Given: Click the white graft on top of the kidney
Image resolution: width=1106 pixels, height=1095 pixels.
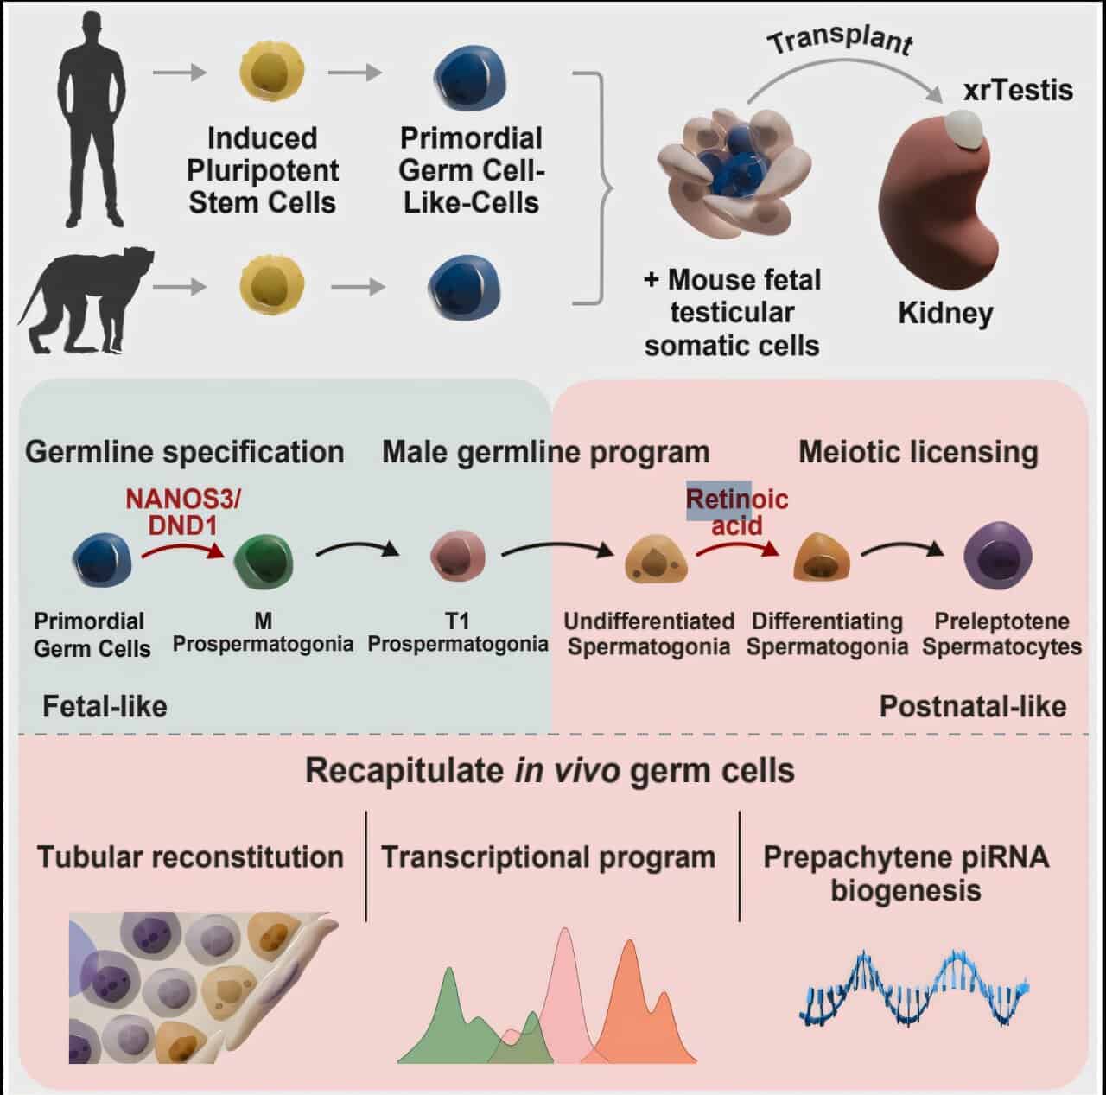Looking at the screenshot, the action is coord(963,129).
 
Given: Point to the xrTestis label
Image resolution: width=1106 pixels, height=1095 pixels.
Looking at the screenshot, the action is coord(1018,90).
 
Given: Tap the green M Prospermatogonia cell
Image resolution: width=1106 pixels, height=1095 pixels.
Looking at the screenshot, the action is coord(264,561).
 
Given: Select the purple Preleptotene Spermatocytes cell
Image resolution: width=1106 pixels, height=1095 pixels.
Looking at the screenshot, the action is coord(998,555).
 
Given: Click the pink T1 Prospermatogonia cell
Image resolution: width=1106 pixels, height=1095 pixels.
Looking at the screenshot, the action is coord(458,556).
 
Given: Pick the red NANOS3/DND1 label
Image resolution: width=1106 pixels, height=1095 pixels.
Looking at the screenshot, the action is coord(183,512).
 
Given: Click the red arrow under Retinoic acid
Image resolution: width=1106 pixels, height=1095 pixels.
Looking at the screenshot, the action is coord(738,548).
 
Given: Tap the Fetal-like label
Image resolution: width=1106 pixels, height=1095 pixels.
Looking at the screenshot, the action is coord(105,706).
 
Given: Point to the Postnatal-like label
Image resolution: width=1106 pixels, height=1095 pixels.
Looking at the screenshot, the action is coord(973,706).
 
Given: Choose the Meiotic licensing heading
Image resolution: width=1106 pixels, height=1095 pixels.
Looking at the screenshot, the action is coord(918,452).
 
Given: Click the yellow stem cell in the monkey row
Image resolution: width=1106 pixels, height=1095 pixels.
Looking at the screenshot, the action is coord(272,285).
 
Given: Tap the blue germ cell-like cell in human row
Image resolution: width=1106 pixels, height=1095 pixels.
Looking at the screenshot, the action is coord(470,78).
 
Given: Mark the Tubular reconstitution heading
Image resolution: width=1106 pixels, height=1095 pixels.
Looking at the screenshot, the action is coord(191,856).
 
